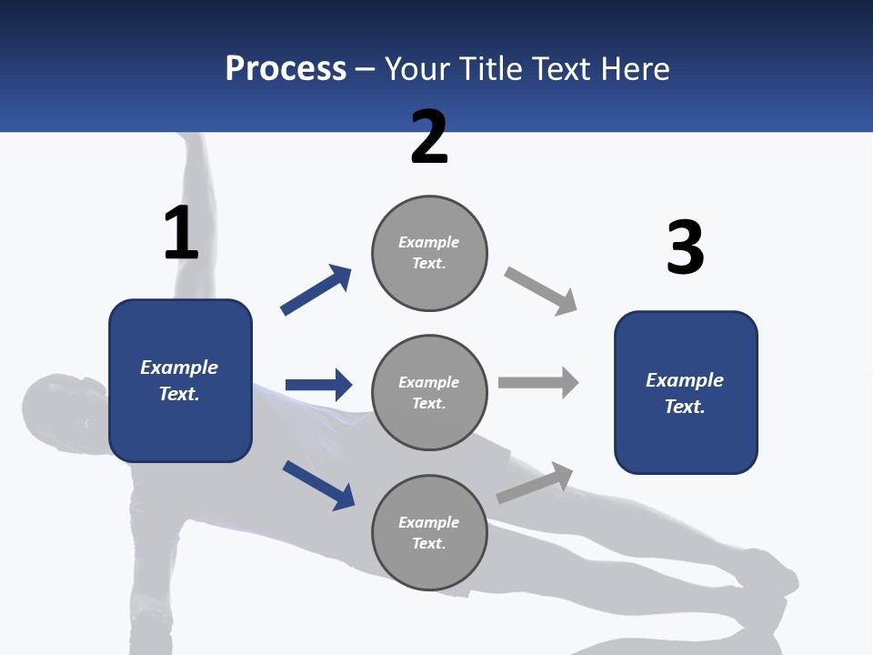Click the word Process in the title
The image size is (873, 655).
286,69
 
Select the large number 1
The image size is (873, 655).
181,234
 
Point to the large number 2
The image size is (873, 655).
429,137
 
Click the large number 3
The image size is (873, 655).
685,248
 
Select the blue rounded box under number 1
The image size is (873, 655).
180,380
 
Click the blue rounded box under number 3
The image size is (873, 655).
686,393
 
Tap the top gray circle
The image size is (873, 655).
429,253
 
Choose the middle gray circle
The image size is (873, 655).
429,393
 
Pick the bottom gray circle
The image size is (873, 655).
429,533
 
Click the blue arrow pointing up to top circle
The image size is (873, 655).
316,290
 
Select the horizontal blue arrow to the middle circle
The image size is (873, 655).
318,385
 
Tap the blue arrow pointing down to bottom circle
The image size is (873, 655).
318,485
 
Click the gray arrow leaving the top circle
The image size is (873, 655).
541,291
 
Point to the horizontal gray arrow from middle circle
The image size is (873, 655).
538,382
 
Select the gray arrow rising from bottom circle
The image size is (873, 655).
535,483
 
